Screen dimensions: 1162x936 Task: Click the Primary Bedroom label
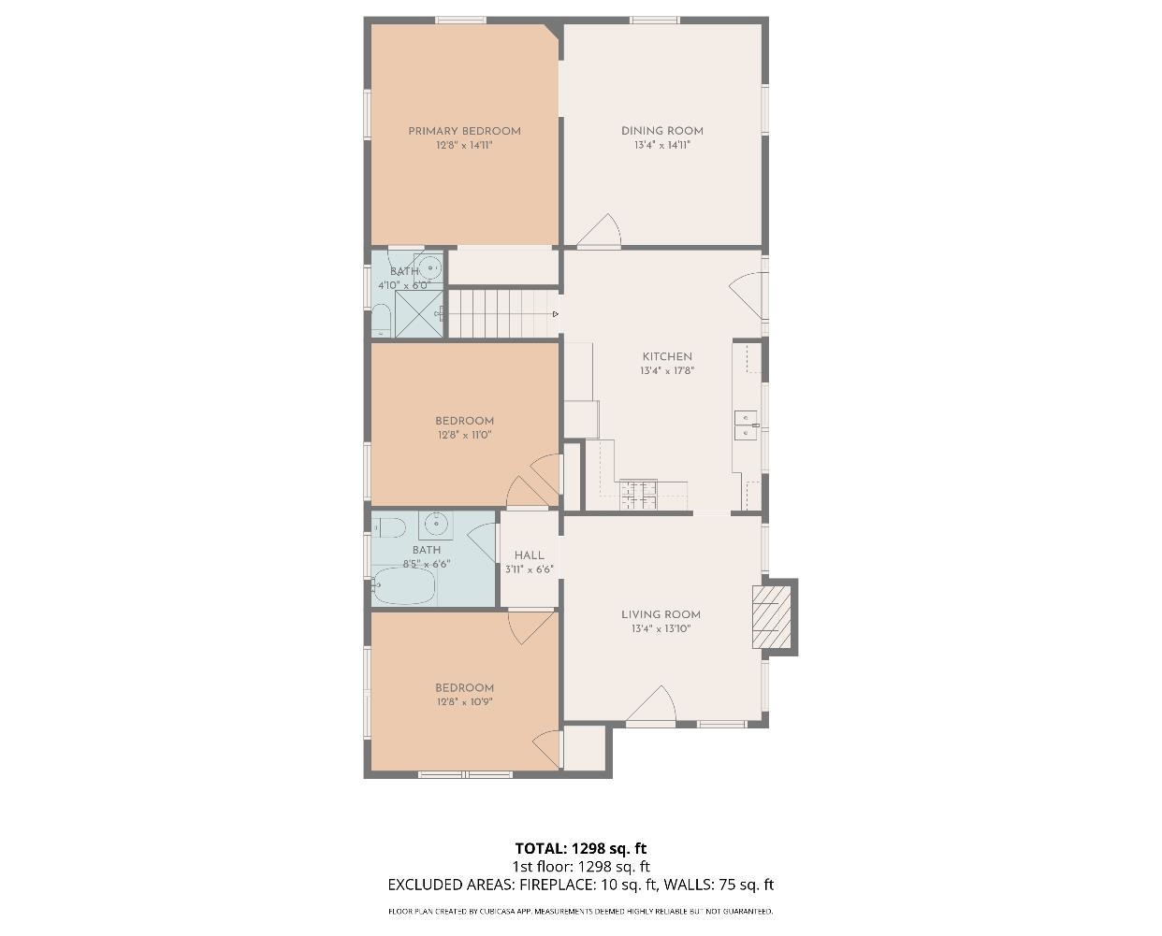point(464,131)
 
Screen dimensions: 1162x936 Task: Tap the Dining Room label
point(662,131)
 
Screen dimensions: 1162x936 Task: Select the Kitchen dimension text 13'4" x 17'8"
point(667,371)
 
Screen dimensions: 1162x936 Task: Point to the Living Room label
point(661,614)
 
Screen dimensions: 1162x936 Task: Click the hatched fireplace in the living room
point(771,617)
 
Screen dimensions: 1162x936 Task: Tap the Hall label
point(530,554)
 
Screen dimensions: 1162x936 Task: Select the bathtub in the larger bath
point(404,585)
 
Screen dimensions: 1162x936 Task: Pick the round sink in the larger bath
point(435,523)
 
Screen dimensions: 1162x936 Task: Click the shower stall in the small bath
point(419,313)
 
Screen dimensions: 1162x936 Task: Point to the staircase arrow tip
point(558,314)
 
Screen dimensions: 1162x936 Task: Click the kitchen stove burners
point(638,495)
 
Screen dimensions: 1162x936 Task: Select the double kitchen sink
point(746,425)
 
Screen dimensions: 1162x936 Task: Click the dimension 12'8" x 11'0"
point(464,435)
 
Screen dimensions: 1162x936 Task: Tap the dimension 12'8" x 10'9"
point(464,701)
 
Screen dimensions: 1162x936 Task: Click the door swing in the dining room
point(600,231)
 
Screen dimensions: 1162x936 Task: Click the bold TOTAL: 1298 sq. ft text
point(580,848)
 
